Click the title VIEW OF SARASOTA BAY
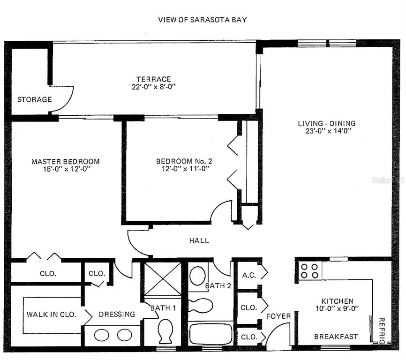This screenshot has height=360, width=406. (202, 20)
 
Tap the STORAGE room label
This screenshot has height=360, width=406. (34, 99)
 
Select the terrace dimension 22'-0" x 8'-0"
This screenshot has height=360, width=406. (154, 87)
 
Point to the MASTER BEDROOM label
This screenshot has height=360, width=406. (66, 162)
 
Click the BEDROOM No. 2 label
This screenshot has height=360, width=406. (184, 161)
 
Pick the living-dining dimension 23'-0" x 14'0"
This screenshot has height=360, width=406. (328, 131)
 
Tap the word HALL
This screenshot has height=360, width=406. (199, 240)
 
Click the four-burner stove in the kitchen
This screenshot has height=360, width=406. (310, 271)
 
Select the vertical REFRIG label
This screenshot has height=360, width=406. (382, 331)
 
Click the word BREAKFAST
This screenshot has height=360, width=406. (336, 337)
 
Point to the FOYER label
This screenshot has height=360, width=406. (278, 316)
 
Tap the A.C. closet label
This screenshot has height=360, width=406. (249, 275)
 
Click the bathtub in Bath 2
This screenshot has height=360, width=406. (211, 333)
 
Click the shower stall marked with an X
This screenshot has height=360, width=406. (163, 279)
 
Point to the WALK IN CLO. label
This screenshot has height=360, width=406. (52, 315)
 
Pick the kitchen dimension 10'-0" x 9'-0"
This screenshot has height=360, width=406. (337, 308)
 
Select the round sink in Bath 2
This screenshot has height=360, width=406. (197, 276)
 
